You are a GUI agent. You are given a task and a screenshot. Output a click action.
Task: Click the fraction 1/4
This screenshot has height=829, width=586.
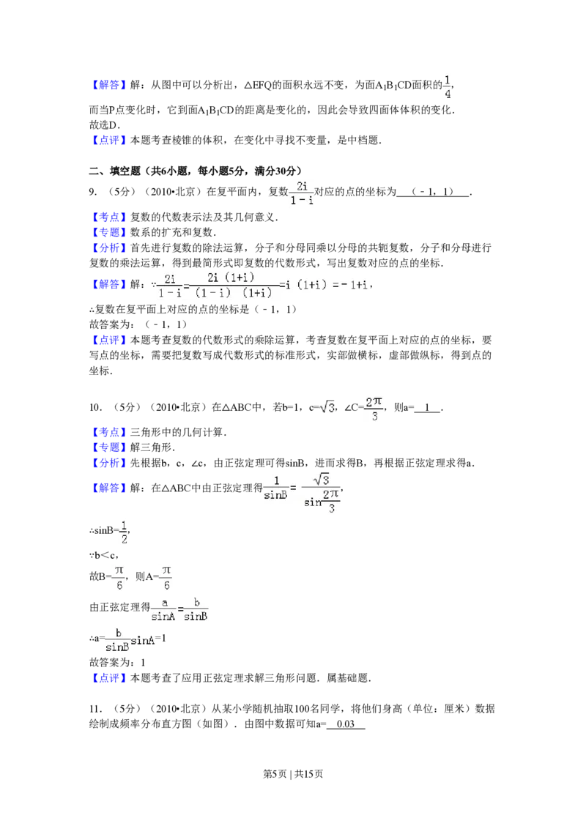coord(446,85)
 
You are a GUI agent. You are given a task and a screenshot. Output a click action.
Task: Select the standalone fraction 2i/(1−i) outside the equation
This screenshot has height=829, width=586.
coord(302,193)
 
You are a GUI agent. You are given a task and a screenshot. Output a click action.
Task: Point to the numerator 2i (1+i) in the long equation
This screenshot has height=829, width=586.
coord(231,278)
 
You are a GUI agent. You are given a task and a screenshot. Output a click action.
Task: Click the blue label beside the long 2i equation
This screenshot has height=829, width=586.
coord(109,285)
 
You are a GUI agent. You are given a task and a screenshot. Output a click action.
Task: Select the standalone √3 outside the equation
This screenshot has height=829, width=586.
coord(327,407)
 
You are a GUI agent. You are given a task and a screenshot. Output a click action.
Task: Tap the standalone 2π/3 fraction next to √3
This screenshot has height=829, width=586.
coord(374,407)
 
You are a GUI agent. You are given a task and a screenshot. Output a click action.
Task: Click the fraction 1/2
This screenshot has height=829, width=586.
coord(123,532)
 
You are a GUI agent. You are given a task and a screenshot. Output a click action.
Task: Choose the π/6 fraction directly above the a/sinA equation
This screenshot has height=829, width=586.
coord(166,576)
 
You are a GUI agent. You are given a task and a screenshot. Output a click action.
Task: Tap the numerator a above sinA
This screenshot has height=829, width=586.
coord(163,602)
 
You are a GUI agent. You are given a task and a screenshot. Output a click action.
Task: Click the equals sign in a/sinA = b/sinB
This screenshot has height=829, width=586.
coord(179,609)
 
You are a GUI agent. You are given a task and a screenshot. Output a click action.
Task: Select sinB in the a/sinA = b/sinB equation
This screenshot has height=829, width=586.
coord(196,617)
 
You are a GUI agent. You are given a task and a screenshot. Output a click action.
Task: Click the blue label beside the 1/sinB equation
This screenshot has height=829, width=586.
coord(109,488)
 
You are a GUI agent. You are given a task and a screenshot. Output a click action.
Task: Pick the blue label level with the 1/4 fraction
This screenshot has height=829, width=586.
coord(109,86)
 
